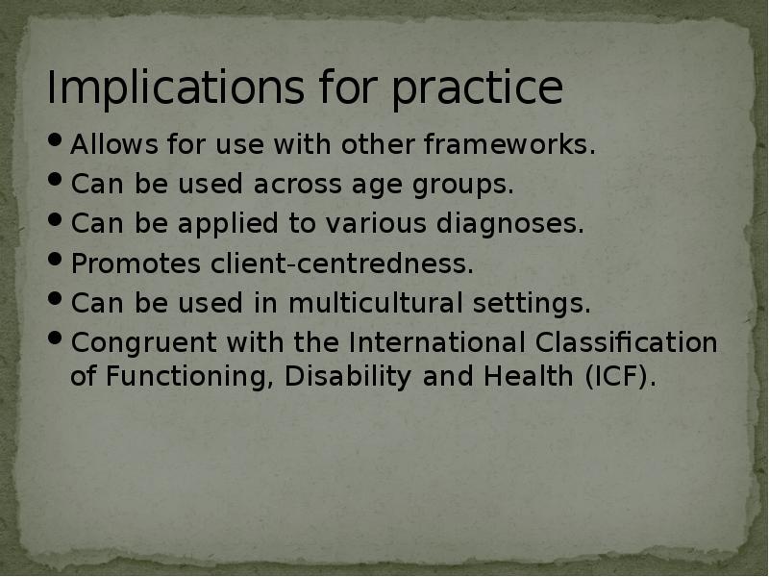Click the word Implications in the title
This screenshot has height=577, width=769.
click(170, 89)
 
